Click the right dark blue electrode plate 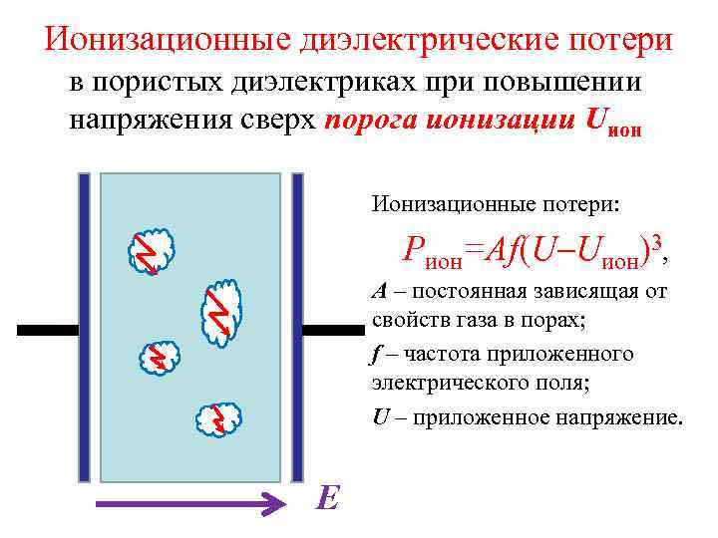296,329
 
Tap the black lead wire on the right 333,330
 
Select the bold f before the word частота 376,354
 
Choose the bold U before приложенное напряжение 380,416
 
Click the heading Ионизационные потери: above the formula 496,204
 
